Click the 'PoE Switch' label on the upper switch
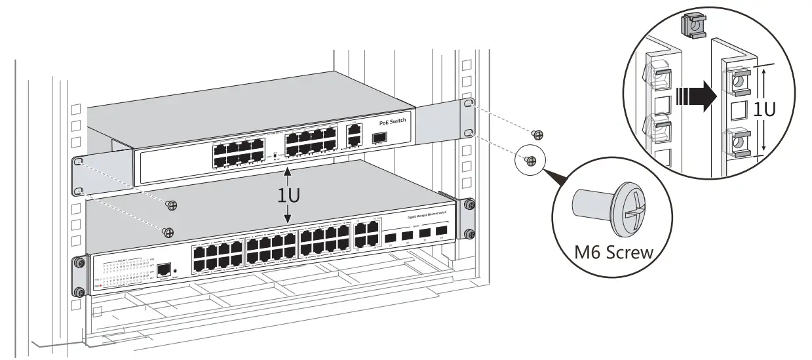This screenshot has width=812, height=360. pyautogui.click(x=393, y=122)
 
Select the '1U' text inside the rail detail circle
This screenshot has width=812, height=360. pyautogui.click(x=764, y=109)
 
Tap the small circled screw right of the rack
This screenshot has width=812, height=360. pyautogui.click(x=532, y=159)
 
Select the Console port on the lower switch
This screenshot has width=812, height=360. pyautogui.click(x=165, y=269)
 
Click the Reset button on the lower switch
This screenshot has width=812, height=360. pyautogui.click(x=176, y=271)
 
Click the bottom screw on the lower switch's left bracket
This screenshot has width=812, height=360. pyautogui.click(x=79, y=292)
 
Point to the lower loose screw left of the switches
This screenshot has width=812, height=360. pyautogui.click(x=168, y=232)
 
